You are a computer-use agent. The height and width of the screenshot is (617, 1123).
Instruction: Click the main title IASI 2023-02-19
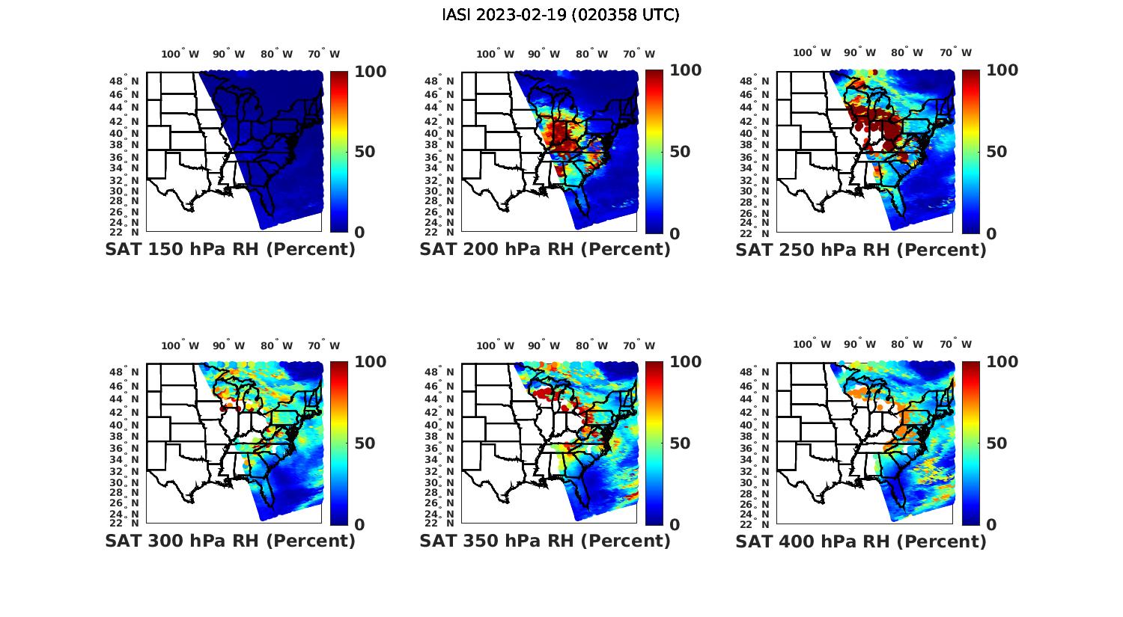pyautogui.click(x=561, y=15)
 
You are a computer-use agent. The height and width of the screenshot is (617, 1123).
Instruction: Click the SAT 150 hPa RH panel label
pyautogui.click(x=231, y=250)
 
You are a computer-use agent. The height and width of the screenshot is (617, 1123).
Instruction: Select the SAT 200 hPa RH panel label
pyautogui.click(x=545, y=250)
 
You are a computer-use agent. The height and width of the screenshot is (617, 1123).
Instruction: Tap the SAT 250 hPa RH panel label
pyautogui.click(x=861, y=250)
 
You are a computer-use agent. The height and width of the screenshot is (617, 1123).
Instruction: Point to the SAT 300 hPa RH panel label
pyautogui.click(x=231, y=541)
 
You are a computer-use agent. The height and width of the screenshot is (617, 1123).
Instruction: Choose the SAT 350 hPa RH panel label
pyautogui.click(x=545, y=541)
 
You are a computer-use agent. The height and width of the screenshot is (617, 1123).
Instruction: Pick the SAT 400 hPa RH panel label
pyautogui.click(x=861, y=541)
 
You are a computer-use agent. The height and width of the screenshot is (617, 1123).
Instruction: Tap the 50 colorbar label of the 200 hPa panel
pyautogui.click(x=680, y=152)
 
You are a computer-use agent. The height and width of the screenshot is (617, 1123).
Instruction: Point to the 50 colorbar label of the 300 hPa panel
pyautogui.click(x=365, y=443)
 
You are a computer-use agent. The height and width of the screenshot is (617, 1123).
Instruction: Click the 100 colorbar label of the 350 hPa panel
pyautogui.click(x=685, y=362)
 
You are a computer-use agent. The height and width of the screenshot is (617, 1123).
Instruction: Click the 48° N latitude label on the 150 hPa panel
pyautogui.click(x=124, y=81)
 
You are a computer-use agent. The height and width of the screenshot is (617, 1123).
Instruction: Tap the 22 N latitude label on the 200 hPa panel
pyautogui.click(x=439, y=233)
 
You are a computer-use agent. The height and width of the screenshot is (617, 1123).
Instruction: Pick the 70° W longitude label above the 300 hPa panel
pyautogui.click(x=323, y=346)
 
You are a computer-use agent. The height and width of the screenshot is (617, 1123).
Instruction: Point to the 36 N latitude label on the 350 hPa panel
pyautogui.click(x=439, y=448)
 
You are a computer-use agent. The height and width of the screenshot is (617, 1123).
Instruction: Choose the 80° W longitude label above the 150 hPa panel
pyautogui.click(x=276, y=54)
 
